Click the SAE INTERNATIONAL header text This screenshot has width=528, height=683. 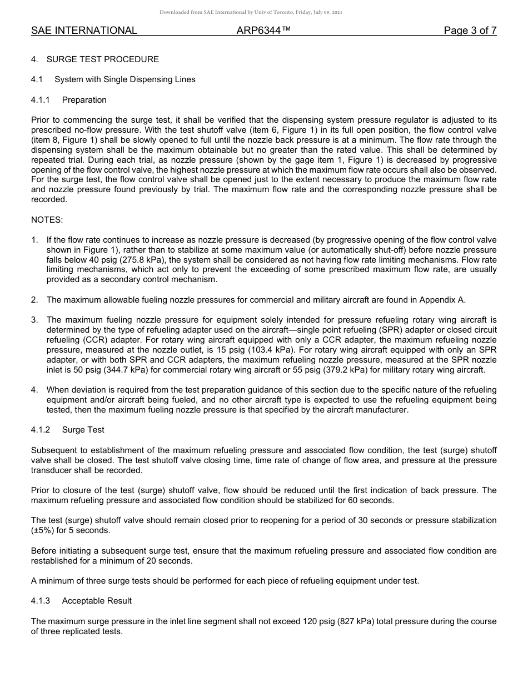84,31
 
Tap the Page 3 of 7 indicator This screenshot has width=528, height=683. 470,31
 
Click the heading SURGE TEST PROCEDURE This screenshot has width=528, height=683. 102,59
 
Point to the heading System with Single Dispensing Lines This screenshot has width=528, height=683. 124,79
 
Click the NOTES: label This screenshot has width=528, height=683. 47,220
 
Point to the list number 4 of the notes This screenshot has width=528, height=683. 34,390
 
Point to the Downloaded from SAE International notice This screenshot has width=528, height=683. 251,12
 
